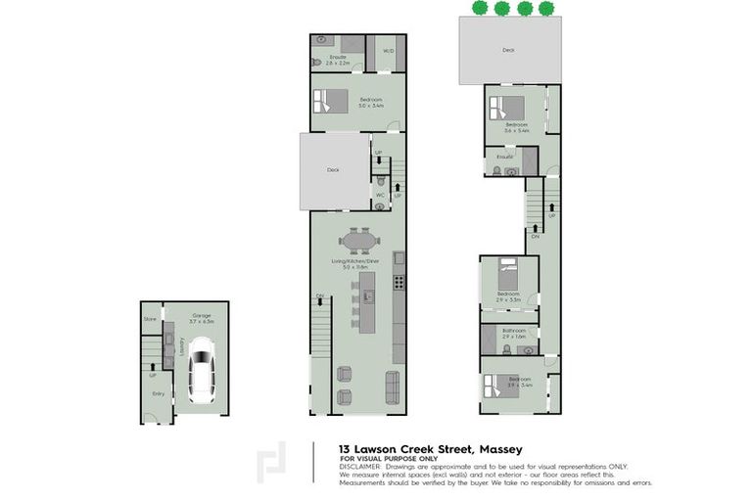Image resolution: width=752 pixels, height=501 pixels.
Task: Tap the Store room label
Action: click(150, 319)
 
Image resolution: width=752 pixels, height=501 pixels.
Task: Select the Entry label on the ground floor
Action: click(158, 393)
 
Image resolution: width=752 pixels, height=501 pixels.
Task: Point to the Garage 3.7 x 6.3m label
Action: click(203, 317)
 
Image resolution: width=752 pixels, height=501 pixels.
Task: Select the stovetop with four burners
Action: click(399, 283)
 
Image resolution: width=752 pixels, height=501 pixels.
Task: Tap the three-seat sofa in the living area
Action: click(393, 387)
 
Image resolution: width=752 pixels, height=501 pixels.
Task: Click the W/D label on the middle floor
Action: click(388, 50)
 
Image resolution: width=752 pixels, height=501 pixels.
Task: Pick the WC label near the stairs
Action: click(381, 195)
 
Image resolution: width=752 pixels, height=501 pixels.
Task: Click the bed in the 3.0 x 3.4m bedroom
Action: click(330, 102)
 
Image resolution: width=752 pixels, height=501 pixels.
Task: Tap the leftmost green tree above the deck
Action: click(478, 9)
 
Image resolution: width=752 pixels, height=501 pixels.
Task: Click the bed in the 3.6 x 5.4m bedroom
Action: click(508, 109)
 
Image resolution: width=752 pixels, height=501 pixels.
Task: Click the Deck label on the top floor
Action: click(508, 49)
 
